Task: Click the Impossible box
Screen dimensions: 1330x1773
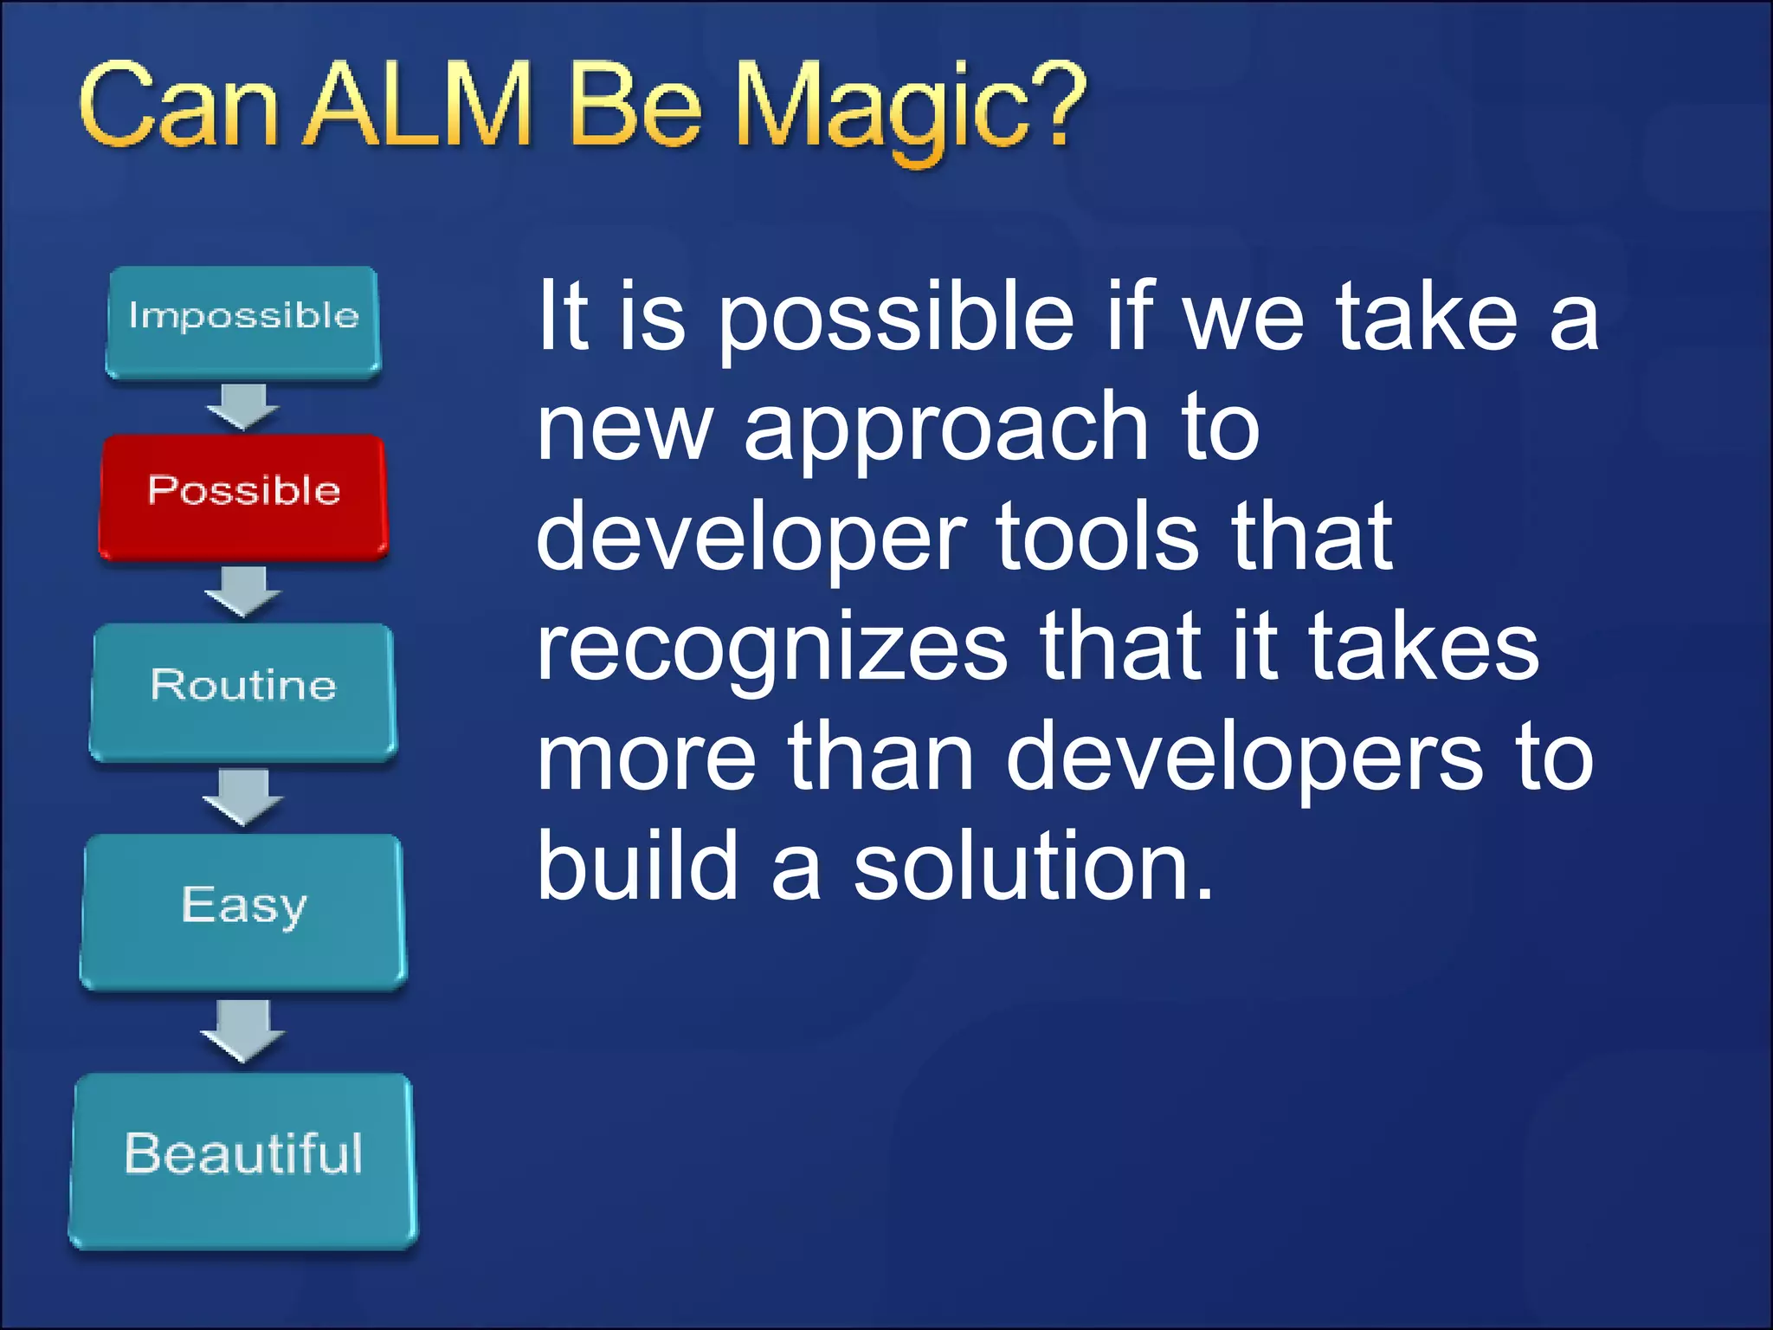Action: (243, 322)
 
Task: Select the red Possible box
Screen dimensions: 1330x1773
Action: (243, 495)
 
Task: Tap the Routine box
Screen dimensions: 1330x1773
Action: (243, 691)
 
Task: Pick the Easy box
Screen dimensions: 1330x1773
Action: (243, 910)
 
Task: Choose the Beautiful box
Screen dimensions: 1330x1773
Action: (243, 1159)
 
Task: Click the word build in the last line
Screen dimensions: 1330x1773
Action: (637, 866)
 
